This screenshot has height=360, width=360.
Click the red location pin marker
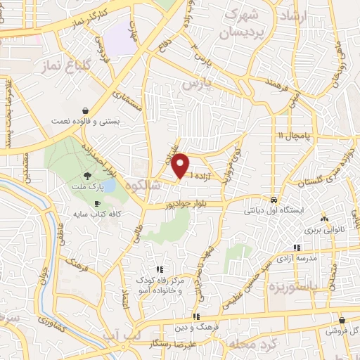point(181,166)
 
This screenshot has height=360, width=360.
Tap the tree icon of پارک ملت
point(86,176)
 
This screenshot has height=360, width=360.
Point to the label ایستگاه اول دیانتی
point(274,210)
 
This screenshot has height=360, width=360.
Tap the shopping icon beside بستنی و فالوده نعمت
point(85,110)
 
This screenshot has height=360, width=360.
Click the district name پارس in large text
point(198,83)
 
